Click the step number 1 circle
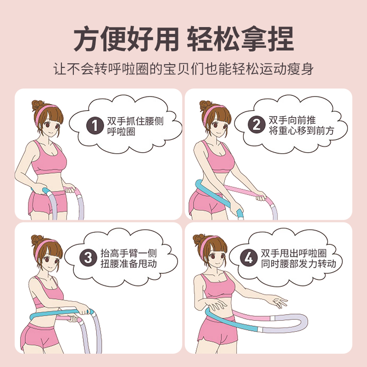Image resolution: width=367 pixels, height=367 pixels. pyautogui.click(x=95, y=125)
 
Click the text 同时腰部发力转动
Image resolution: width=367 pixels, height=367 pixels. pyautogui.click(x=299, y=264)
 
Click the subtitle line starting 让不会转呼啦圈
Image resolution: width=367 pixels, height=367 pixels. pyautogui.click(x=183, y=69)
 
